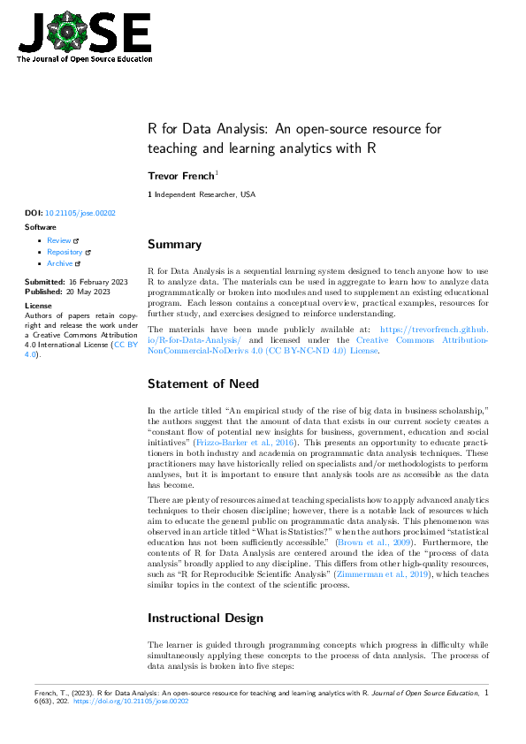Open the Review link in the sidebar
tap(59, 240)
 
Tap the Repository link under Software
tap(65, 252)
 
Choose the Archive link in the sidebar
tap(60, 263)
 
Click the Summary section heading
tap(175, 245)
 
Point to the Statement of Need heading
tap(203, 383)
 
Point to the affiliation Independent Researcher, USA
tap(204, 194)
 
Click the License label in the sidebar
tap(38, 305)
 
